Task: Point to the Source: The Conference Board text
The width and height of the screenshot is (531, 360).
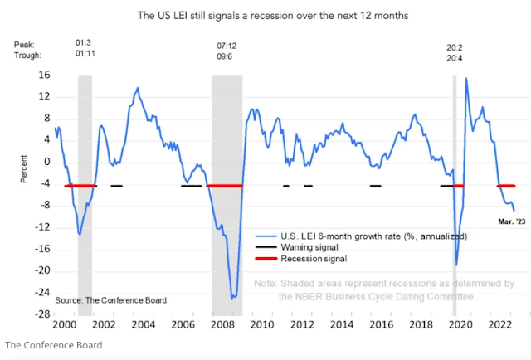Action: (110, 299)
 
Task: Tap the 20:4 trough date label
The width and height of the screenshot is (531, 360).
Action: (454, 59)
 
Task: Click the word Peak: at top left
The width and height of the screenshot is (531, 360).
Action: (25, 47)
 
